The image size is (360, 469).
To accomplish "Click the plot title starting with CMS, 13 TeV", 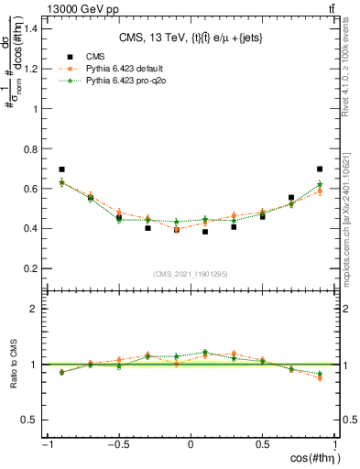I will (191, 38).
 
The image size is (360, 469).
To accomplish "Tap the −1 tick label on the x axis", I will (45, 444).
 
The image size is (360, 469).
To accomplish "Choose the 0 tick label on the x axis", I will (191, 444).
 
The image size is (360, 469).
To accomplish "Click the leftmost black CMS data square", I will (61, 169).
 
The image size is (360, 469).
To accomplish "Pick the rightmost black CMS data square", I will (320, 169).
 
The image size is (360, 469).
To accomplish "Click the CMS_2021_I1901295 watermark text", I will (191, 274).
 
